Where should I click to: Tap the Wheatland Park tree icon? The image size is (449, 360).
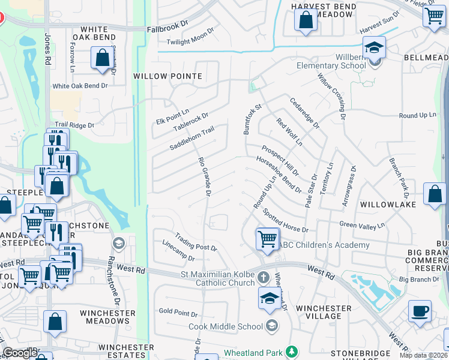[292, 351]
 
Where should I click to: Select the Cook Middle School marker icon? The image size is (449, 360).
[272, 326]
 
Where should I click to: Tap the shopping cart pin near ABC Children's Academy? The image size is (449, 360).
[267, 238]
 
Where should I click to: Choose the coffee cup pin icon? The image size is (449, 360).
[420, 311]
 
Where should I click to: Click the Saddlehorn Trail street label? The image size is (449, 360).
[191, 138]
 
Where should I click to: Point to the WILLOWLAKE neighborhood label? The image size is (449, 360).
[384, 205]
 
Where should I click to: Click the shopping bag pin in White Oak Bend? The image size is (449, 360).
[102, 58]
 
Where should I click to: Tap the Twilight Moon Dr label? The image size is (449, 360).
[190, 36]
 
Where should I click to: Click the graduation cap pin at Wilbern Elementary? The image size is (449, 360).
[374, 47]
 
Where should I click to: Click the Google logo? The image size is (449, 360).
[20, 353]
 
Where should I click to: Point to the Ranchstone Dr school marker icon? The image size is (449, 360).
[118, 243]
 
